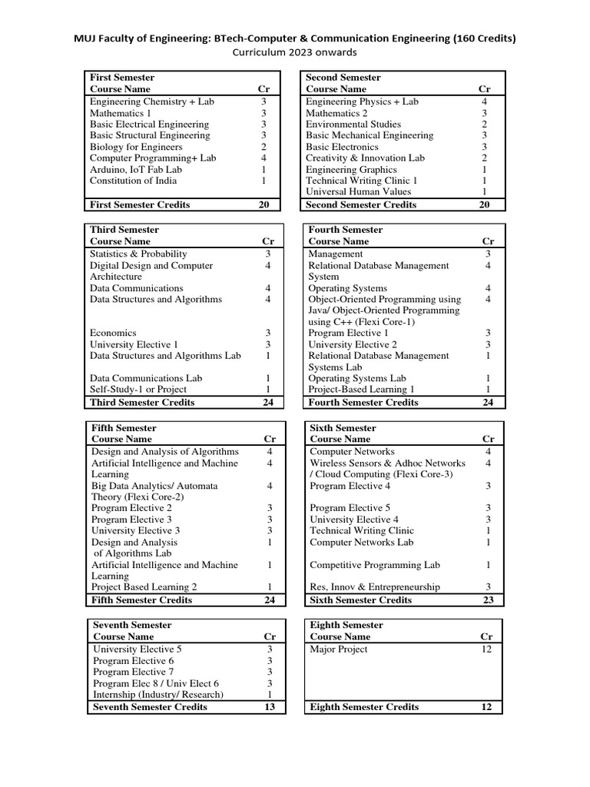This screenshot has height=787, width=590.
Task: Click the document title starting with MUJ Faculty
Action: pyautogui.click(x=294, y=38)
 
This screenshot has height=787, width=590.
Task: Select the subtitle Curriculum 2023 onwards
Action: pyautogui.click(x=294, y=52)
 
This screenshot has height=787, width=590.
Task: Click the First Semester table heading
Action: pyautogui.click(x=122, y=78)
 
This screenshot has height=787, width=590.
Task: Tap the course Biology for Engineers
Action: pyautogui.click(x=136, y=147)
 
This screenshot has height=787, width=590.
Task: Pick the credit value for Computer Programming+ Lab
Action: pyautogui.click(x=264, y=158)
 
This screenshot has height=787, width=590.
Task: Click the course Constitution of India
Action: pyautogui.click(x=133, y=181)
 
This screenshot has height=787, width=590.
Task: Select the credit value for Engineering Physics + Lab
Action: pyautogui.click(x=484, y=101)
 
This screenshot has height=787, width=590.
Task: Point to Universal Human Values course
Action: pyautogui.click(x=353, y=192)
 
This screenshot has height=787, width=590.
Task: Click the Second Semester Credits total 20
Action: pyautogui.click(x=484, y=205)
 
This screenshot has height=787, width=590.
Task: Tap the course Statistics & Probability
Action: pyautogui.click(x=138, y=254)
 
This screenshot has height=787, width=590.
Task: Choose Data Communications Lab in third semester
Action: pyautogui.click(x=146, y=378)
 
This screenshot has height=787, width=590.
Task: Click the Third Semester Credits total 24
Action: pyautogui.click(x=268, y=402)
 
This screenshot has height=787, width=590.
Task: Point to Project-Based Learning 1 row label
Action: pyautogui.click(x=361, y=390)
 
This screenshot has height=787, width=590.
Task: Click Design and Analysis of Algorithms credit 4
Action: pyautogui.click(x=270, y=452)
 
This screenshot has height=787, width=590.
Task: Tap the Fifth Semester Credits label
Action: pyautogui.click(x=141, y=599)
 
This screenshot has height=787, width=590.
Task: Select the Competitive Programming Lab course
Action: pyautogui.click(x=375, y=565)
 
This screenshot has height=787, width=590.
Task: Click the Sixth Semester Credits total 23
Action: pyautogui.click(x=488, y=600)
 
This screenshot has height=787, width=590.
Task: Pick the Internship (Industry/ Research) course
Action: pyautogui.click(x=158, y=695)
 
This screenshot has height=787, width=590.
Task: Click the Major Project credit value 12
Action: pyautogui.click(x=486, y=649)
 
